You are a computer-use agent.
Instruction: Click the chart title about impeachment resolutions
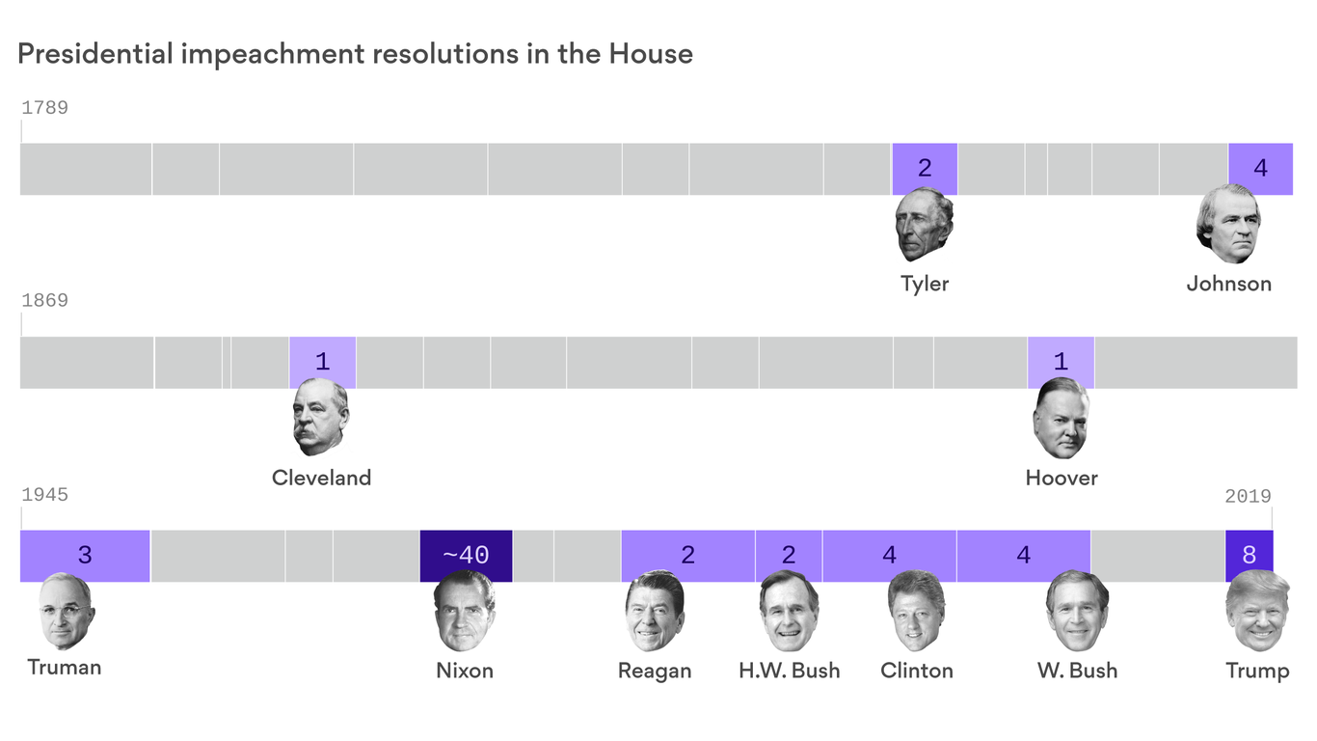coord(355,54)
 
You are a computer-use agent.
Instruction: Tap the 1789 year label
coord(44,108)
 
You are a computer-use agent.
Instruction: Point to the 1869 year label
coord(44,301)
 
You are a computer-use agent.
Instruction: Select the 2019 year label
coord(1248,496)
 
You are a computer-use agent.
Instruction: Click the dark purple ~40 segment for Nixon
coord(466,556)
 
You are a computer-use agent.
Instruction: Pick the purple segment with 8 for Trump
coord(1249,556)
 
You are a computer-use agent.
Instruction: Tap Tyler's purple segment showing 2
coord(925,169)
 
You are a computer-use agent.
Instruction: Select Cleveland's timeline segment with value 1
coord(322,363)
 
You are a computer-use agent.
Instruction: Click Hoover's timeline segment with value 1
coord(1061,363)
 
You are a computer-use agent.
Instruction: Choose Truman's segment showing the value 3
coord(85,556)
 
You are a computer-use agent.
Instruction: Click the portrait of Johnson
coord(1228,226)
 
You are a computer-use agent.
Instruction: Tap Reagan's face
coord(655,612)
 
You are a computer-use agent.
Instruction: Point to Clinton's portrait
coord(916,612)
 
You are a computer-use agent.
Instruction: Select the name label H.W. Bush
coord(789,671)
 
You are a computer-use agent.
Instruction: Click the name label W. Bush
coord(1077,671)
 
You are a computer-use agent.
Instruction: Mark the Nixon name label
coord(465,671)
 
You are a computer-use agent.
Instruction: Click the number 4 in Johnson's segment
coord(1260,169)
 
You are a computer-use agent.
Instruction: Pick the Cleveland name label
coord(321,478)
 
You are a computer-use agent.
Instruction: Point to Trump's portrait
coord(1257,612)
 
